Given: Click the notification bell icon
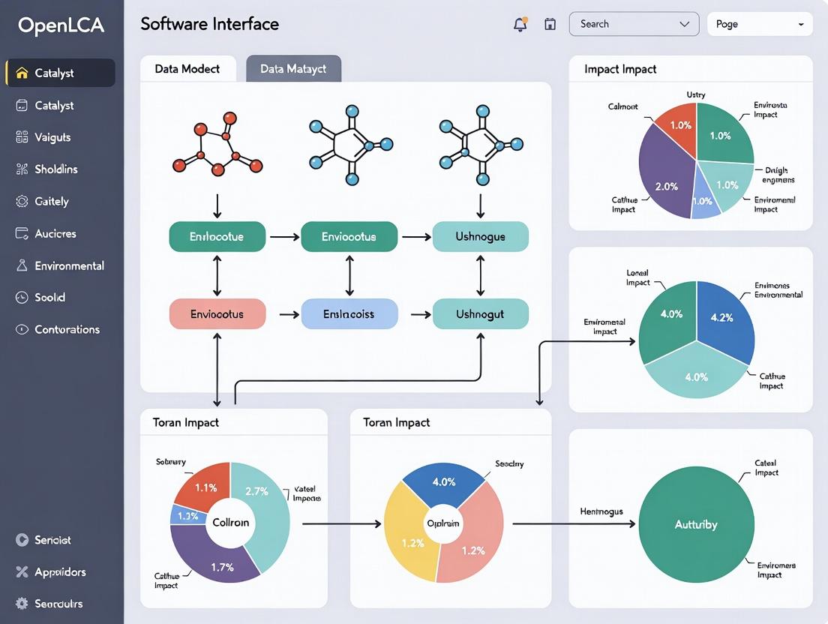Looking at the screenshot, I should [x=520, y=24].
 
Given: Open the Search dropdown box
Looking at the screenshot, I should [x=634, y=24].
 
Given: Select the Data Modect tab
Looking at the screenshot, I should [x=187, y=69].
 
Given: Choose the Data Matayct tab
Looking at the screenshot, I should [x=293, y=69].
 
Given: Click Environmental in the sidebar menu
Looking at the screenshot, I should [x=69, y=265].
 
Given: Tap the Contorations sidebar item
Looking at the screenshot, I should [x=67, y=329].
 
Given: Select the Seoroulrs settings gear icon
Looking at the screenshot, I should [x=22, y=604].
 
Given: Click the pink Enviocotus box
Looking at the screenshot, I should [x=217, y=314].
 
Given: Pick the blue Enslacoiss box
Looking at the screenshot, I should [x=349, y=314].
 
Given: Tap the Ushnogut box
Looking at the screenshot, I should [x=481, y=314].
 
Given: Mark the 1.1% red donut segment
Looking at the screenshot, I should [x=204, y=486].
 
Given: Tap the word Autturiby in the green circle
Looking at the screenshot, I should [x=696, y=525].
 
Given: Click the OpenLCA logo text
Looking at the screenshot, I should [x=61, y=25].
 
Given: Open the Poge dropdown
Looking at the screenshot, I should [x=760, y=24].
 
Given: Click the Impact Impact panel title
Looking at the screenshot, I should [x=620, y=69].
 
